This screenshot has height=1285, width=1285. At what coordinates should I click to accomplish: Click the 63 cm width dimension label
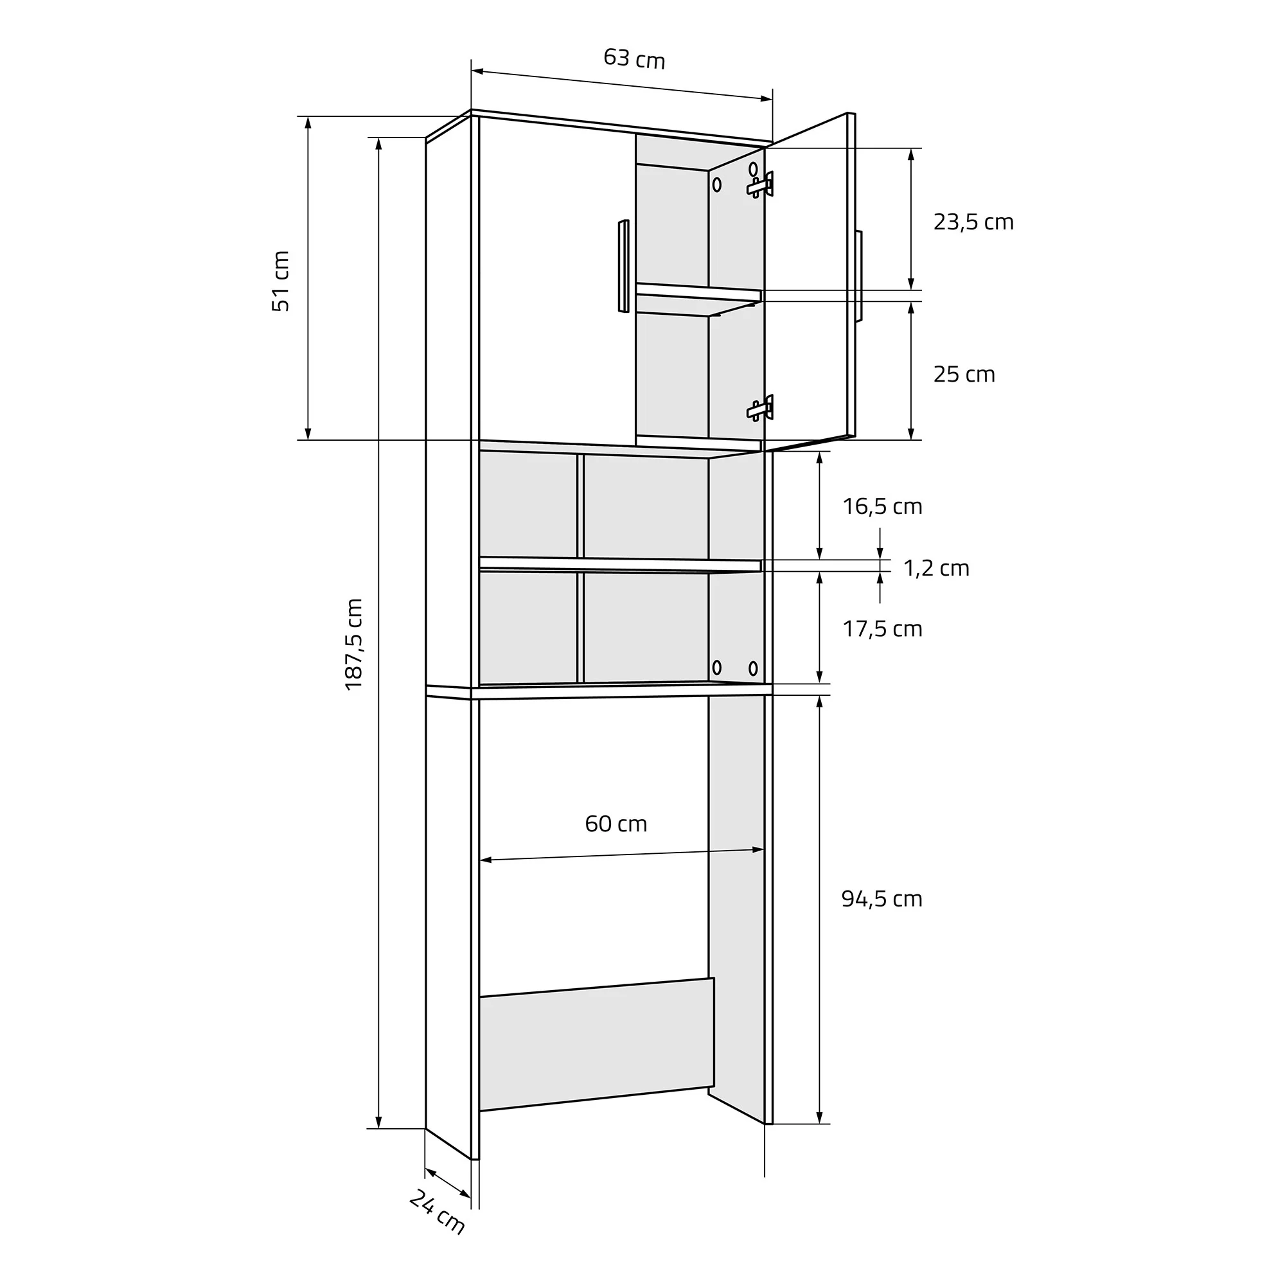point(634,58)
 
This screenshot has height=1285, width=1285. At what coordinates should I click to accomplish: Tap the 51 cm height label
point(281,281)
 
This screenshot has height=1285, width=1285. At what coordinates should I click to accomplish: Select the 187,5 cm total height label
point(354,644)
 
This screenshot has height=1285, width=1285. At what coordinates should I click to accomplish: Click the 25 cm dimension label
point(964,375)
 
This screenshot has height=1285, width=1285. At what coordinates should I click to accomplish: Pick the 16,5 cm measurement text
point(883,507)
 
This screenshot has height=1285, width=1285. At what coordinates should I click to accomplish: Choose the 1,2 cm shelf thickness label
point(937,568)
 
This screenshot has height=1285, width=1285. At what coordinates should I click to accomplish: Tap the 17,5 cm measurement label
point(883,629)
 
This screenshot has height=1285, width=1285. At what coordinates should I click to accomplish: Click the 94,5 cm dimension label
point(882,899)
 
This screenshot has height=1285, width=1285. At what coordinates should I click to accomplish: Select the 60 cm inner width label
point(616,824)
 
